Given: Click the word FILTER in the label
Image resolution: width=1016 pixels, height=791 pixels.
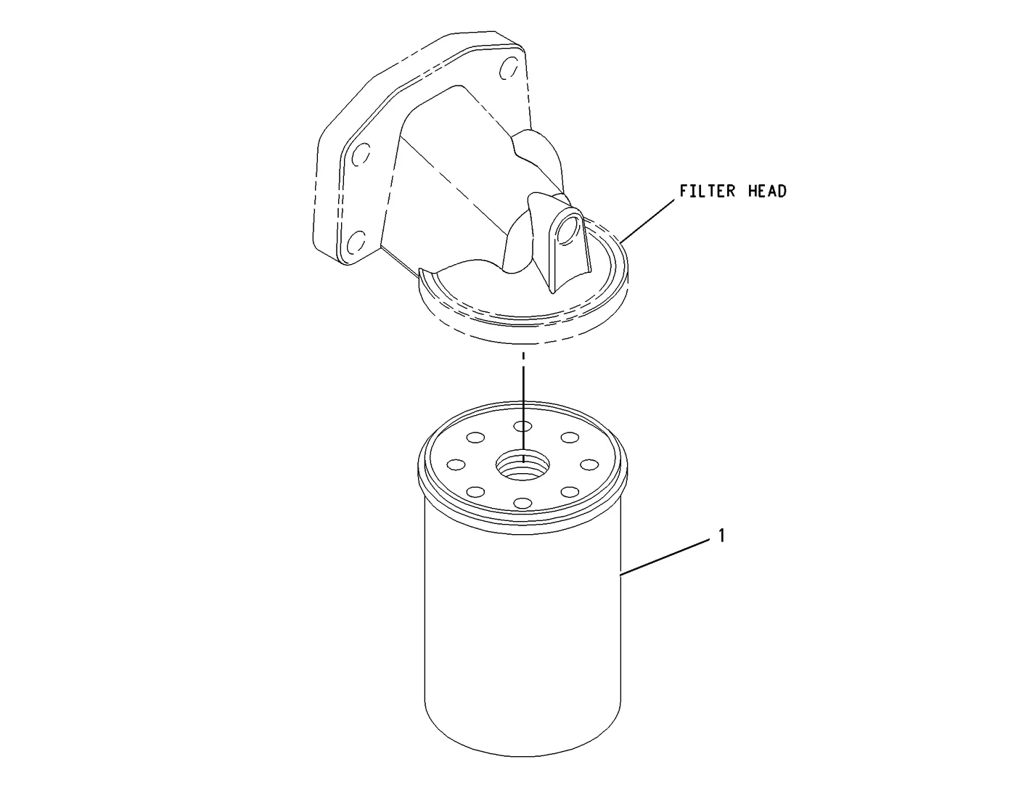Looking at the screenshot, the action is [x=707, y=191].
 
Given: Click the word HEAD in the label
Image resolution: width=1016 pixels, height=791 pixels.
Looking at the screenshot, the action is [x=767, y=191].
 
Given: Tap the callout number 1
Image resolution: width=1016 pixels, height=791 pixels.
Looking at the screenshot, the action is [x=721, y=536].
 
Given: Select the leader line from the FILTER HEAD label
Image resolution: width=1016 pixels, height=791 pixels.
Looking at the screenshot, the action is [x=647, y=221].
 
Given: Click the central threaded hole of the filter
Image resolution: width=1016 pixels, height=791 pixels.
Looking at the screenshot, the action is [x=523, y=465].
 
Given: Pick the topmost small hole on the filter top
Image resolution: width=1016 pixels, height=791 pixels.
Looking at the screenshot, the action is [x=523, y=426].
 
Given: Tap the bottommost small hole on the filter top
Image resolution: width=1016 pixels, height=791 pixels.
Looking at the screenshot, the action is [x=523, y=503].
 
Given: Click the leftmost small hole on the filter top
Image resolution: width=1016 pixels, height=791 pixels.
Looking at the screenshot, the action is [x=456, y=464].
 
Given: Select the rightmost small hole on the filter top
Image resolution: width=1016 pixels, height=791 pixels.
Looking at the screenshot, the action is [x=589, y=464].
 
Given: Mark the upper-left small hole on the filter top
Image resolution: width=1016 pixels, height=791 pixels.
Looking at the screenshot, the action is [x=476, y=438].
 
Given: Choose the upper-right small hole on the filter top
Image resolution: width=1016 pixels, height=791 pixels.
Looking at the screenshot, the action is [x=570, y=438].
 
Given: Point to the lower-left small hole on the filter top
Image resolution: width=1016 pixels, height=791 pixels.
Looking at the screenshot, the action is [x=476, y=492].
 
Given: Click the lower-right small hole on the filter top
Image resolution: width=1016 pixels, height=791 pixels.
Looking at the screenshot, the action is [x=570, y=492].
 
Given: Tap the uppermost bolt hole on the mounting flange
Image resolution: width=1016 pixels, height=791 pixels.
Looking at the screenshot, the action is [x=508, y=68].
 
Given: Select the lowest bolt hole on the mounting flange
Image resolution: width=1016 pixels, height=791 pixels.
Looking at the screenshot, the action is [x=357, y=241].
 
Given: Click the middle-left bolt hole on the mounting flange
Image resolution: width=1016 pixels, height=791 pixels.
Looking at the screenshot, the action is [x=361, y=155].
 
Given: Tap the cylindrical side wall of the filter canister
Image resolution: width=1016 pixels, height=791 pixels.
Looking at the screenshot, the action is [x=523, y=631].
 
